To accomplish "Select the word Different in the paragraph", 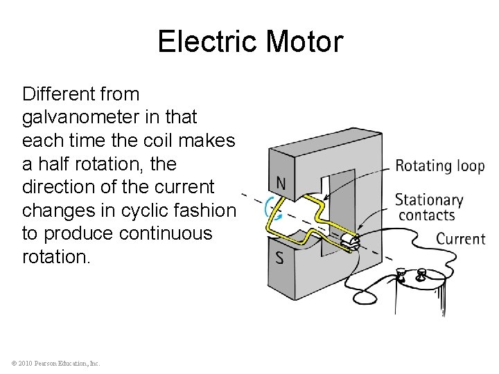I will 81,93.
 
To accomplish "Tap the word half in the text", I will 58,164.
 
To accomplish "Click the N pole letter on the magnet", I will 281,184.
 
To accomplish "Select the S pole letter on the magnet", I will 279,258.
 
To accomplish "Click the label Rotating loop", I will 439,166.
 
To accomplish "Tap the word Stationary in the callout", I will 429,200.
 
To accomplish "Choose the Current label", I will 461,239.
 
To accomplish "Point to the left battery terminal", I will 401,274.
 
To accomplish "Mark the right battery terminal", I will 419,276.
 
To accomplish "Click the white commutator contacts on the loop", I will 349,240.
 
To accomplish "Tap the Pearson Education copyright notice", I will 55,363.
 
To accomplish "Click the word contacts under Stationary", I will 427,215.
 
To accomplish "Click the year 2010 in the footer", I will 26,363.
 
